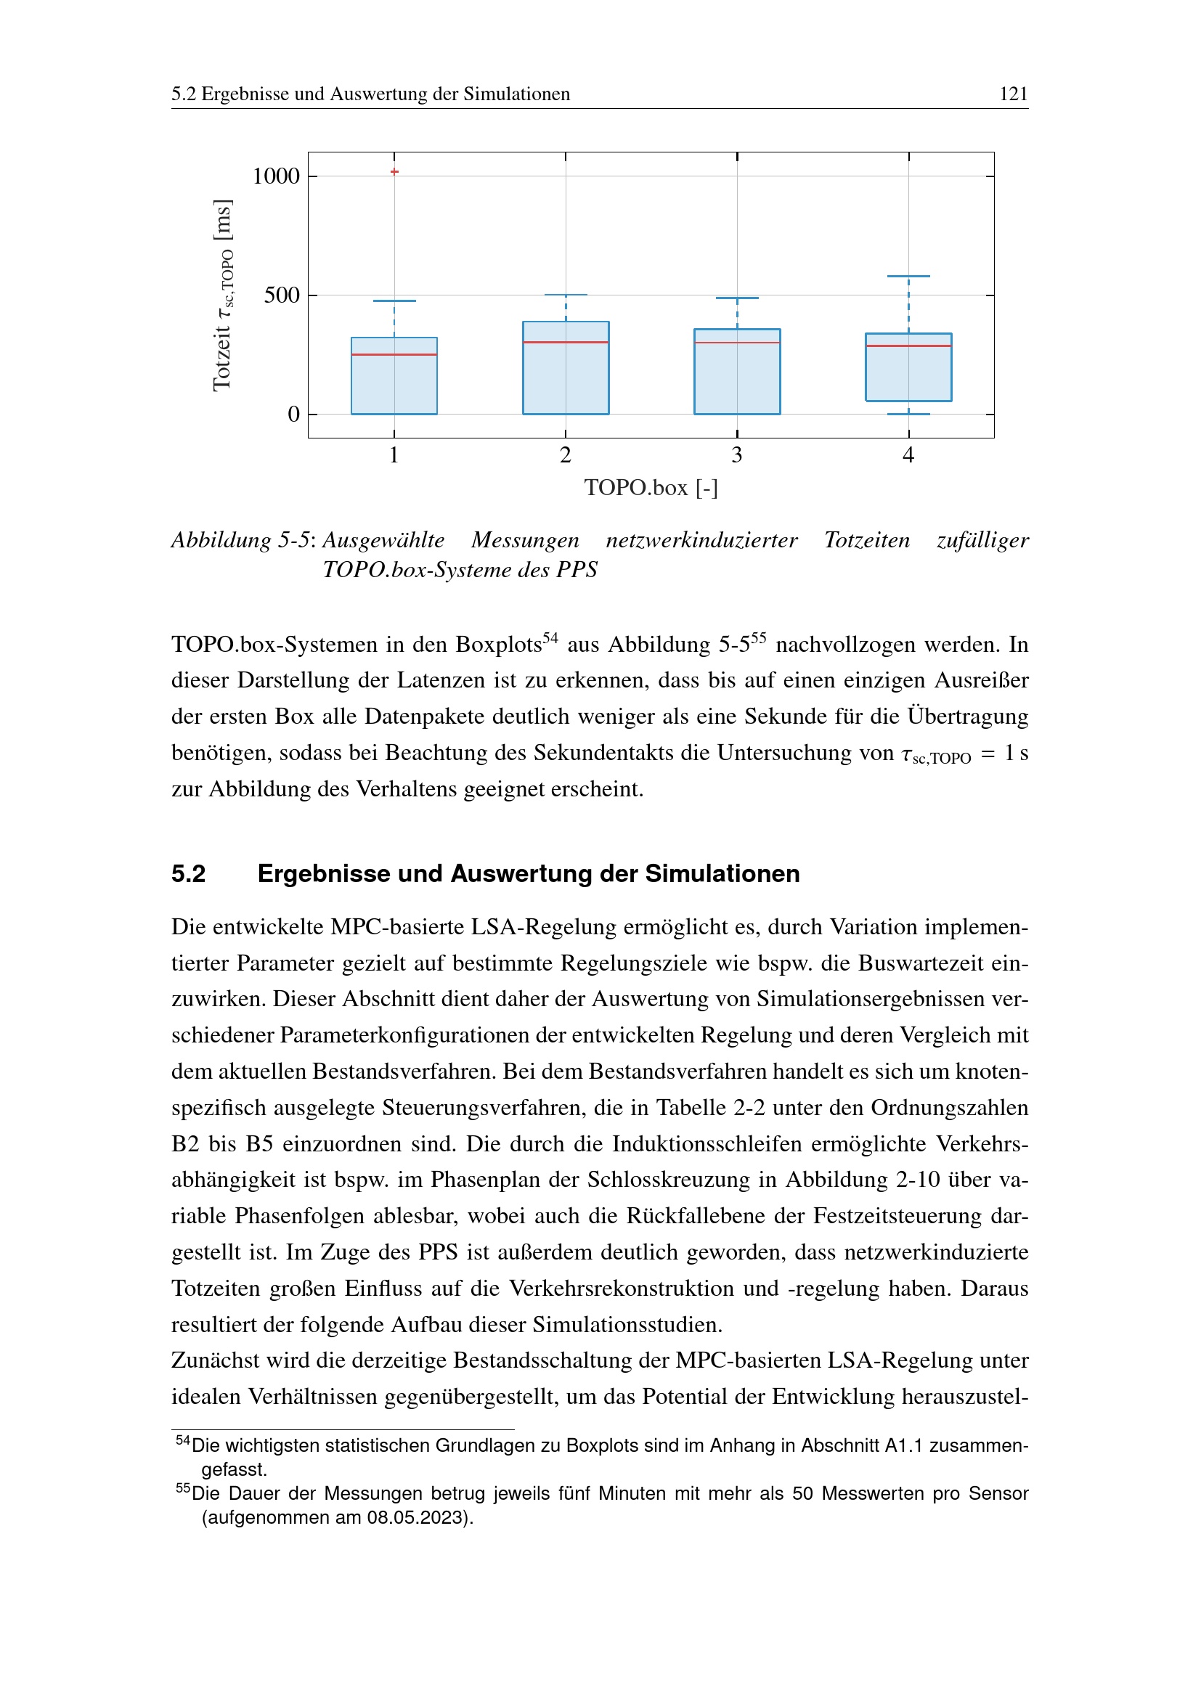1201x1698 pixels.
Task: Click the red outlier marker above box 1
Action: (394, 171)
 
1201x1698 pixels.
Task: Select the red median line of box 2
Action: (566, 343)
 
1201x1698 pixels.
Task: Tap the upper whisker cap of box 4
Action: (908, 277)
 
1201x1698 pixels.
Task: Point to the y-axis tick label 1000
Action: (276, 176)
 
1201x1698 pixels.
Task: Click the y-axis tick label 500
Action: (282, 295)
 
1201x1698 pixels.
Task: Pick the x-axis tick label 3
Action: (736, 455)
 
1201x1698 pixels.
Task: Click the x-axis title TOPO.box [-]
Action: (651, 487)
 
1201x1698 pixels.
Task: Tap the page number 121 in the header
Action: (1013, 94)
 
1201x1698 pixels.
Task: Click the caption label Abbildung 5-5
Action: (240, 540)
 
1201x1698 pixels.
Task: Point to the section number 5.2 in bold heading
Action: (189, 873)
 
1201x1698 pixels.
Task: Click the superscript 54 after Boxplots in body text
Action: (550, 637)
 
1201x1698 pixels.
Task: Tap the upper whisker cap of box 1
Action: (394, 301)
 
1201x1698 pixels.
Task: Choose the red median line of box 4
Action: (908, 346)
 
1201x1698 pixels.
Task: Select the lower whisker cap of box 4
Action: (908, 414)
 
